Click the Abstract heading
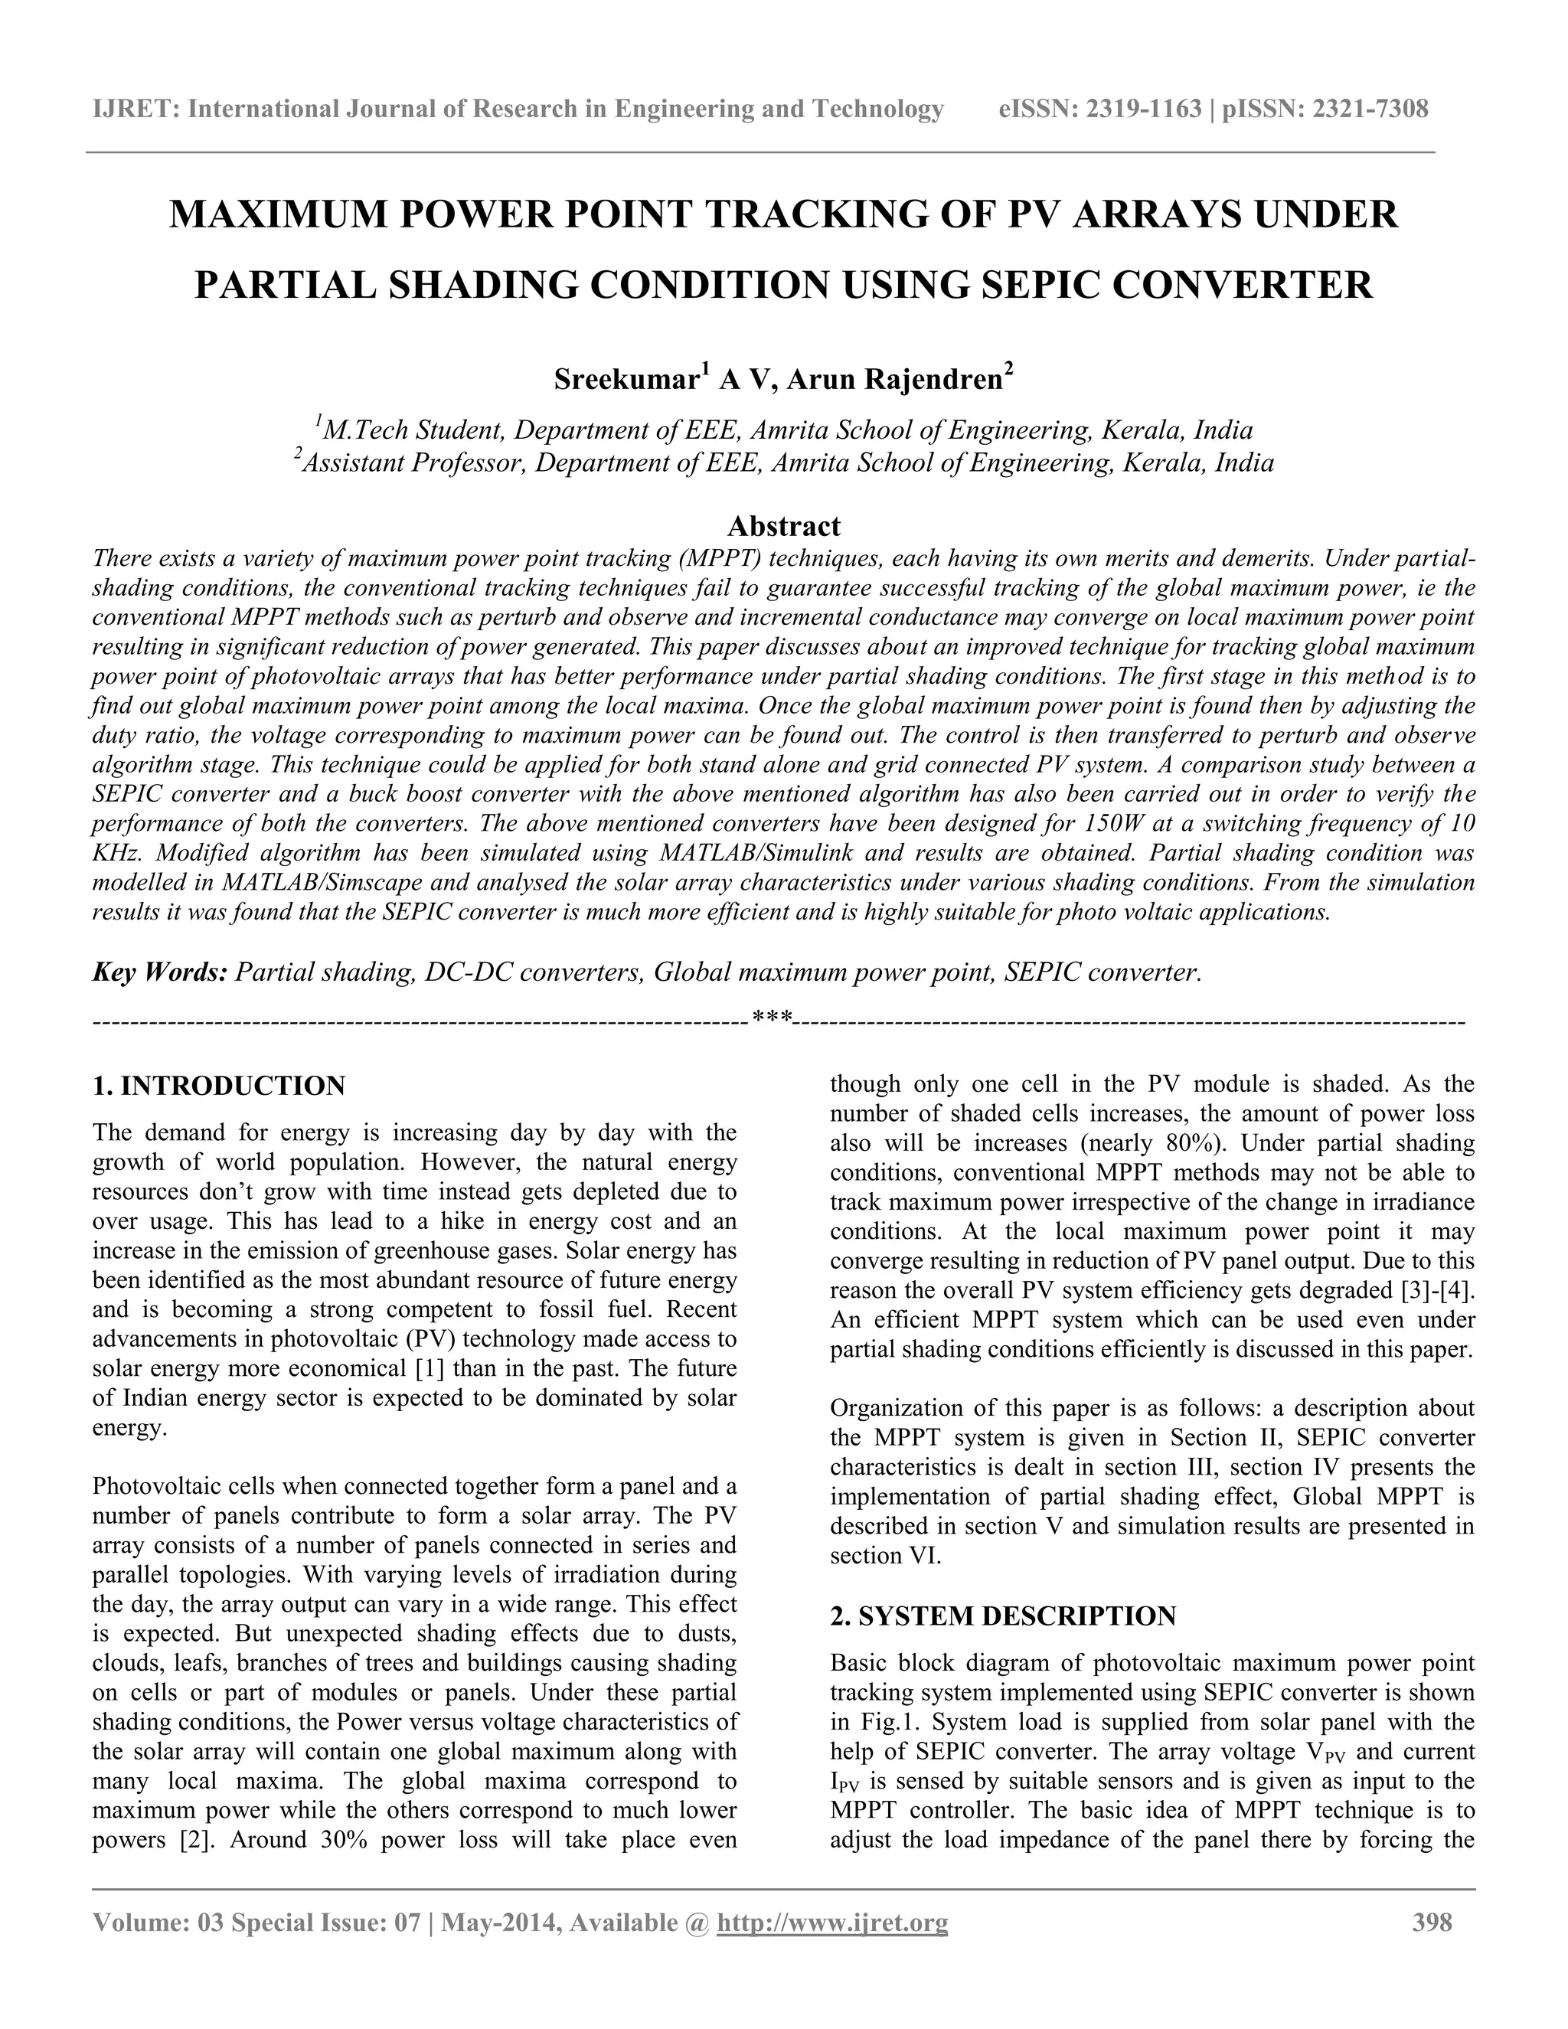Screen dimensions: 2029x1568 coord(783,527)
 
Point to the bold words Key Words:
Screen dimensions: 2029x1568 coord(160,972)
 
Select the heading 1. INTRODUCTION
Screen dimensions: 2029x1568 coord(219,1085)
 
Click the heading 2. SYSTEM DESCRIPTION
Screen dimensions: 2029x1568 coord(1003,1616)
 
